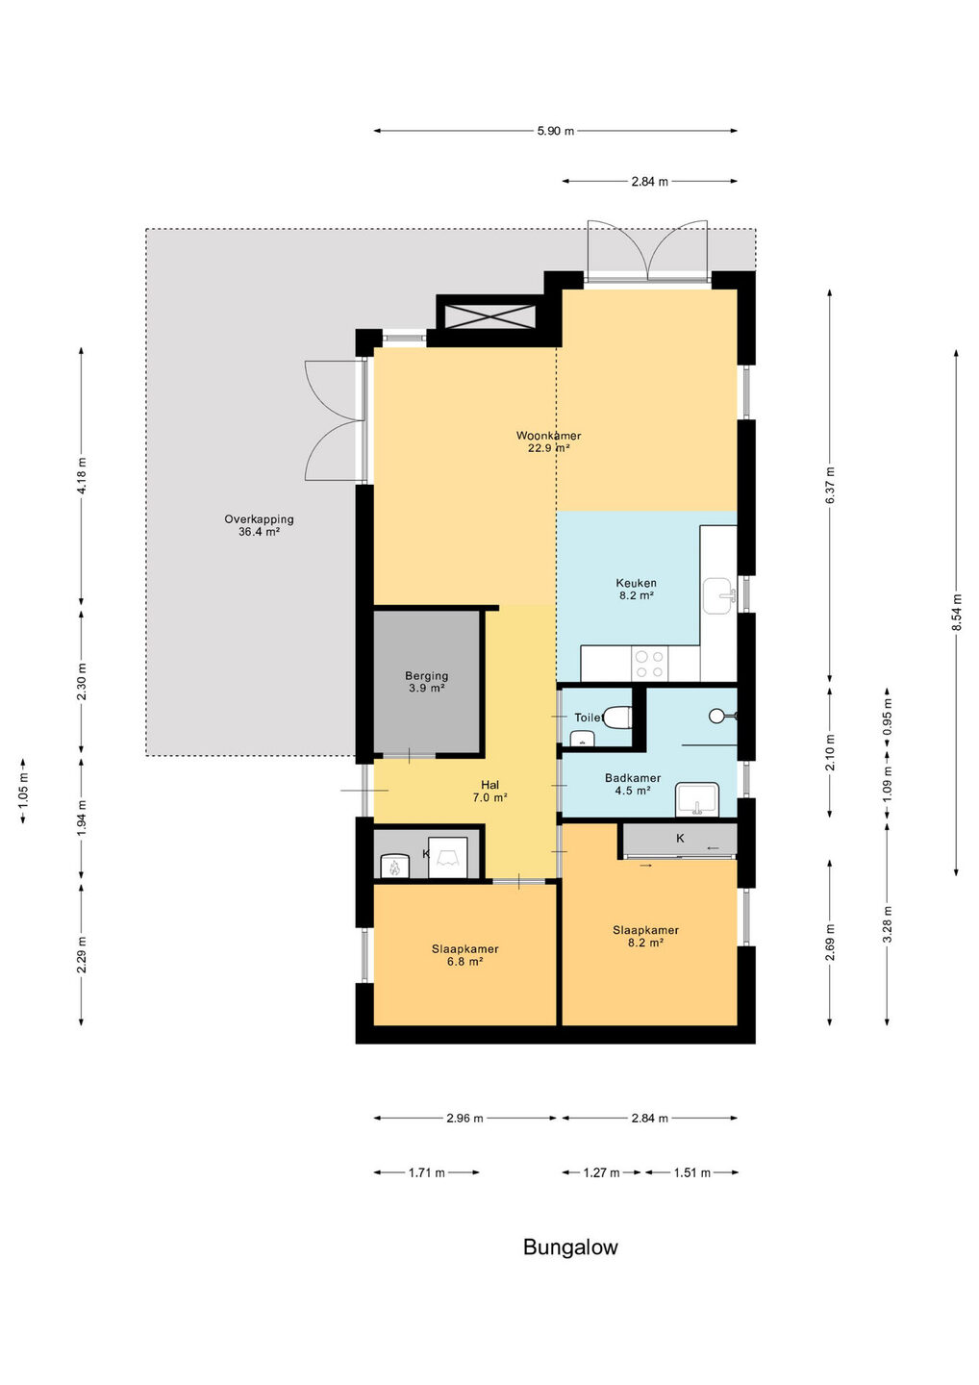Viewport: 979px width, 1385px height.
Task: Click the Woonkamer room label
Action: click(x=548, y=442)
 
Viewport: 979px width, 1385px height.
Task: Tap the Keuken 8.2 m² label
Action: click(x=636, y=590)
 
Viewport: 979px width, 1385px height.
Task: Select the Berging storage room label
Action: click(x=426, y=682)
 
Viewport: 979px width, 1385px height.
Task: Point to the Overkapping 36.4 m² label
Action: click(x=259, y=525)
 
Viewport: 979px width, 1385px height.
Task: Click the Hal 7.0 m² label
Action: click(x=489, y=792)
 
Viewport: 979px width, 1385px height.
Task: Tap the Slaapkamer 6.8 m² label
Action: click(x=464, y=955)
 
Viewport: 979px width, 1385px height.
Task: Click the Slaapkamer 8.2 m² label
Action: click(x=645, y=936)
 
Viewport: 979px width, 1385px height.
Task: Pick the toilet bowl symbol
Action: click(x=617, y=718)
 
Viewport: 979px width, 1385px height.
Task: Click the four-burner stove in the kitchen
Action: click(x=649, y=664)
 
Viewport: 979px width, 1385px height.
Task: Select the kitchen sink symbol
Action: click(x=719, y=596)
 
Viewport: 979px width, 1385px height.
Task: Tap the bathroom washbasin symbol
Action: click(x=697, y=799)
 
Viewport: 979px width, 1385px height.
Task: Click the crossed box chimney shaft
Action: click(x=486, y=313)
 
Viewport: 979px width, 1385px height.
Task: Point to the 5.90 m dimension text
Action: click(x=556, y=131)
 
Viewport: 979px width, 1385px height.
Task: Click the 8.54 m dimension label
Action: click(x=957, y=613)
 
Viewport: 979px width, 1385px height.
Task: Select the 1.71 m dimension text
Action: click(x=426, y=1172)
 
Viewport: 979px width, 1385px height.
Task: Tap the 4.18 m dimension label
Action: click(x=82, y=475)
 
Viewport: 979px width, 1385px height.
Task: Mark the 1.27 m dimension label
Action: click(x=601, y=1172)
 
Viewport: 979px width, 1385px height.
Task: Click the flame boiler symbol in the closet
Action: click(x=393, y=866)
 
